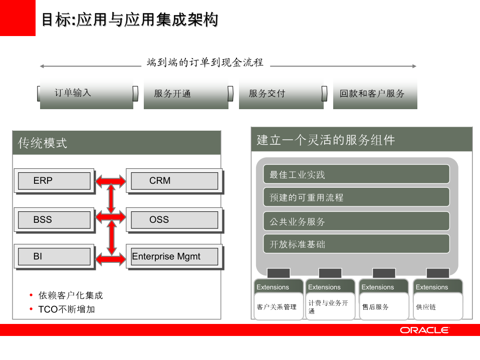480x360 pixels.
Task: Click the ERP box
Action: click(54, 181)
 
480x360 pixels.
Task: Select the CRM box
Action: click(174, 181)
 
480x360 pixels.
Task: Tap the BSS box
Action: click(54, 220)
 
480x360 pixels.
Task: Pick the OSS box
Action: click(174, 220)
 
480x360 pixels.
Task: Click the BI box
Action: click(54, 257)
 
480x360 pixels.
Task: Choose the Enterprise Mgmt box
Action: click(174, 257)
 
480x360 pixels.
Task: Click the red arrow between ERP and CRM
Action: click(111, 180)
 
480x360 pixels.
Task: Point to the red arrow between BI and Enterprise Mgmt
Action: click(111, 258)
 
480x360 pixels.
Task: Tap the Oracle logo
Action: click(424, 330)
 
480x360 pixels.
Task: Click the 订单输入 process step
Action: click(86, 93)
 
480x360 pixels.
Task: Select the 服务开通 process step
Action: click(185, 94)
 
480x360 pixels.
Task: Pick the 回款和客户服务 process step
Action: click(375, 94)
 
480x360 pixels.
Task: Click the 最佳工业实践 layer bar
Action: click(356, 174)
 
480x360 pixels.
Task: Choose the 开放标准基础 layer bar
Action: click(356, 244)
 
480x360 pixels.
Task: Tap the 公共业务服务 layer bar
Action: click(356, 221)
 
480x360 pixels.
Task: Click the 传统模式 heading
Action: click(43, 143)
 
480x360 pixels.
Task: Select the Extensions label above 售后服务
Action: click(378, 287)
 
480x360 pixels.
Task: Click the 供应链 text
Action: click(426, 307)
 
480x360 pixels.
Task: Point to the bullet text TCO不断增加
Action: click(67, 309)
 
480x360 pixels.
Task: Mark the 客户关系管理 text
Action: click(277, 307)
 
